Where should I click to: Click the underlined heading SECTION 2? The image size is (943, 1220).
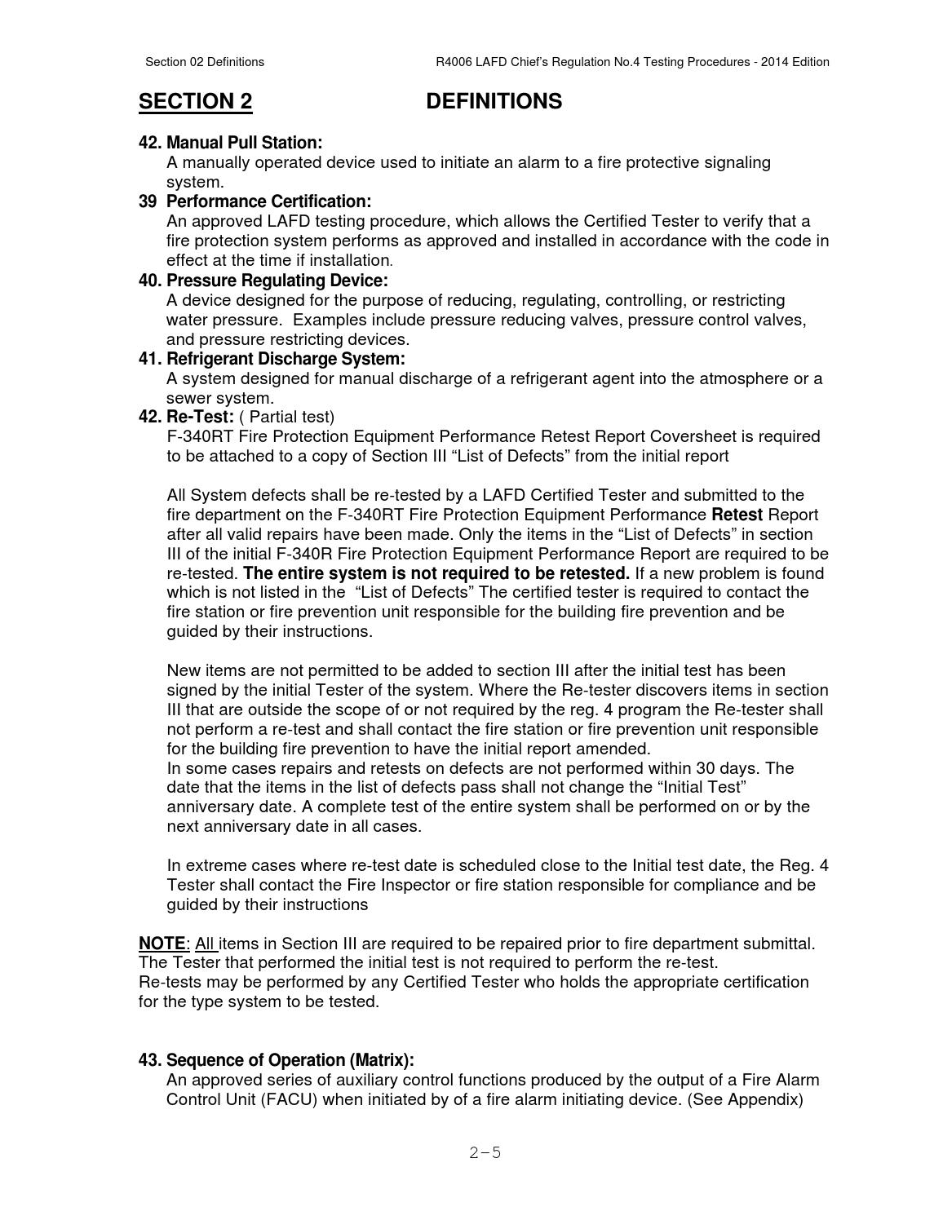point(195,102)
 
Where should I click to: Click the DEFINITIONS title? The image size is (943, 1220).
point(494,102)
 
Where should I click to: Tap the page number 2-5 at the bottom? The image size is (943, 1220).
point(485,1152)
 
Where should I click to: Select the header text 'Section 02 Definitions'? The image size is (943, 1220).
point(204,62)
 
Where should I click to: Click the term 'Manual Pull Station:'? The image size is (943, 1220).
point(244,143)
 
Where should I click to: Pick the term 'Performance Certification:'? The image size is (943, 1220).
point(268,201)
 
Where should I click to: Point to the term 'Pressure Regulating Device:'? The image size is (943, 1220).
point(277,281)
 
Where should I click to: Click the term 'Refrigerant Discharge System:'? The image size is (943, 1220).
point(286,359)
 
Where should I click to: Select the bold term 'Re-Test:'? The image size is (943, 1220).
point(200,417)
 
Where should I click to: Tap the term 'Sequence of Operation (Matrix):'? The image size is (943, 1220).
point(290,1060)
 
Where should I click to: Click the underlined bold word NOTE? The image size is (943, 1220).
point(162,944)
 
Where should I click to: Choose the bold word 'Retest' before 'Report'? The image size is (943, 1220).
point(737,515)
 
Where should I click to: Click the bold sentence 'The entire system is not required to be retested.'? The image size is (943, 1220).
point(436,573)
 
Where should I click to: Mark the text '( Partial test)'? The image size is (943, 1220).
point(286,417)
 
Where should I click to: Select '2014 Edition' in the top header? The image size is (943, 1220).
point(795,62)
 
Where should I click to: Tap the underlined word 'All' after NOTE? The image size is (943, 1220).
point(206,944)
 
